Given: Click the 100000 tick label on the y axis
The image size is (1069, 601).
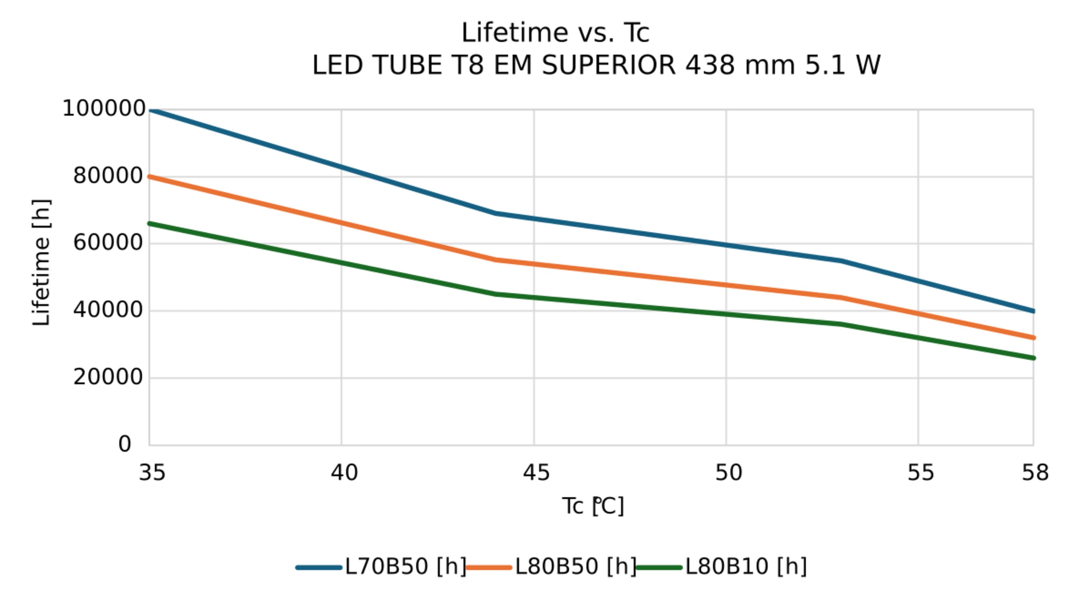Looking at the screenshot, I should click(x=104, y=109).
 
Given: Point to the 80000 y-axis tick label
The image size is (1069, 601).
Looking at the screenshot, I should click(x=108, y=176).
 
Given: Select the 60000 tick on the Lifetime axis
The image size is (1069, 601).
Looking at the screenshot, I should click(x=108, y=243).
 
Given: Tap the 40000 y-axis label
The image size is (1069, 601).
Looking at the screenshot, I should click(x=108, y=310).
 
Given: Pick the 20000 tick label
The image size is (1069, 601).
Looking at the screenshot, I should click(x=108, y=377).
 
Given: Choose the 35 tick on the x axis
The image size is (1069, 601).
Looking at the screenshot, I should click(x=152, y=473).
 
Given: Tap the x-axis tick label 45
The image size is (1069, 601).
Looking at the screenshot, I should click(x=536, y=473).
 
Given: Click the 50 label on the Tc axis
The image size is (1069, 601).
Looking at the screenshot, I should click(x=728, y=473).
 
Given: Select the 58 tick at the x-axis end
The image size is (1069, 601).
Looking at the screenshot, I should click(x=1035, y=473).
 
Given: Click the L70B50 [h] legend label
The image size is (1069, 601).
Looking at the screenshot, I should click(x=406, y=566).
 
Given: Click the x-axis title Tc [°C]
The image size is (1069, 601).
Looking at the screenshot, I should click(x=593, y=507).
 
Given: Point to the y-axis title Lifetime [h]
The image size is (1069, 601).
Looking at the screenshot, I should click(x=41, y=262).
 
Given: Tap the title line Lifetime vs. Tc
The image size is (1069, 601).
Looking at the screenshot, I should click(x=555, y=33).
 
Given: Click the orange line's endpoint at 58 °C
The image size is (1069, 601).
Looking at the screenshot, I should click(x=1033, y=338).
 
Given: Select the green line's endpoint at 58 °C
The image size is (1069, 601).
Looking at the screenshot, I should click(x=1033, y=358).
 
